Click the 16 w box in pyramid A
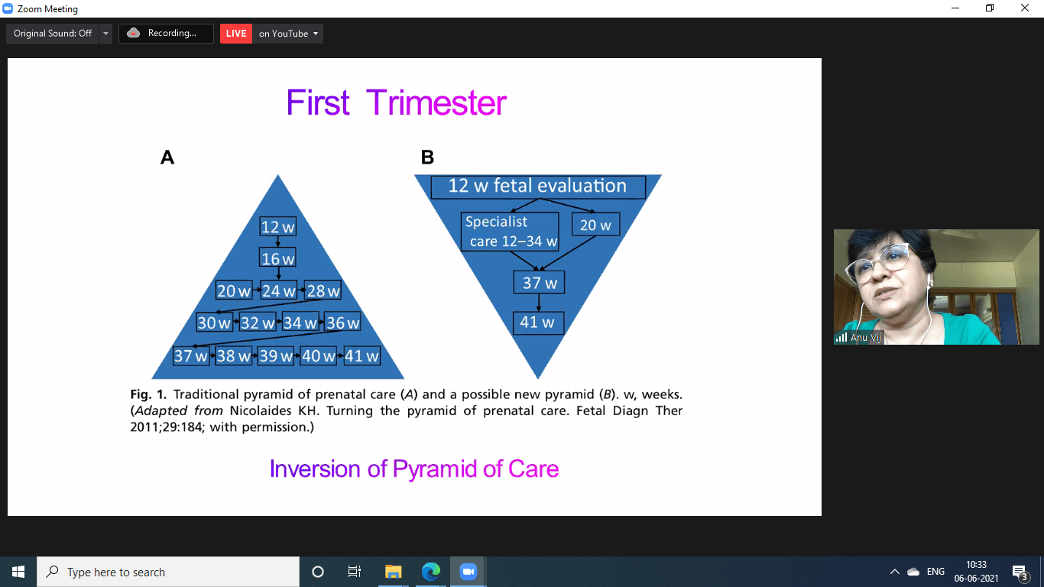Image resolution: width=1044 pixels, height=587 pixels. point(277,258)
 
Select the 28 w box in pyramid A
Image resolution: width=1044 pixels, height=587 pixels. point(323,290)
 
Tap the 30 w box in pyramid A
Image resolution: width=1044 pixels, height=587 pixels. point(214,323)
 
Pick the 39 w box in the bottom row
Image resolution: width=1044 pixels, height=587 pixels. point(276,355)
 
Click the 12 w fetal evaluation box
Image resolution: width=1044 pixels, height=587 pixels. point(538,186)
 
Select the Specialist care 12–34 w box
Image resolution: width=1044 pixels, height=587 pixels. point(510,232)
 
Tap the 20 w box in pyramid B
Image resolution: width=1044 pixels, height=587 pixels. point(595,225)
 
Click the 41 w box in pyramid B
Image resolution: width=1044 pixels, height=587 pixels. point(538,323)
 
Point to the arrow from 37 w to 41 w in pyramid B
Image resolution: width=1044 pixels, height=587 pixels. point(539,303)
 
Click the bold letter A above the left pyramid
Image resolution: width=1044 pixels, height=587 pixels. point(167,157)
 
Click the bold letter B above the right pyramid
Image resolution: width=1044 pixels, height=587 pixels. point(427,157)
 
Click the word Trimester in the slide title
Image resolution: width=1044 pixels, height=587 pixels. point(436,102)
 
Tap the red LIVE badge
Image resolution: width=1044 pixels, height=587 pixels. point(236,34)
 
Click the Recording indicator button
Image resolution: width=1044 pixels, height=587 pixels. point(166,34)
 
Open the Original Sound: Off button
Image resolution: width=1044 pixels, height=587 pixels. point(52,34)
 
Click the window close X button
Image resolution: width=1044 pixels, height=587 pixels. point(1025,8)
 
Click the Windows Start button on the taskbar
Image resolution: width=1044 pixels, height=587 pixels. point(18,572)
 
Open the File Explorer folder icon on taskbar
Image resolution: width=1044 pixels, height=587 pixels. point(393,572)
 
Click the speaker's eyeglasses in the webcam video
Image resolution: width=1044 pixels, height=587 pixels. point(881,261)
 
